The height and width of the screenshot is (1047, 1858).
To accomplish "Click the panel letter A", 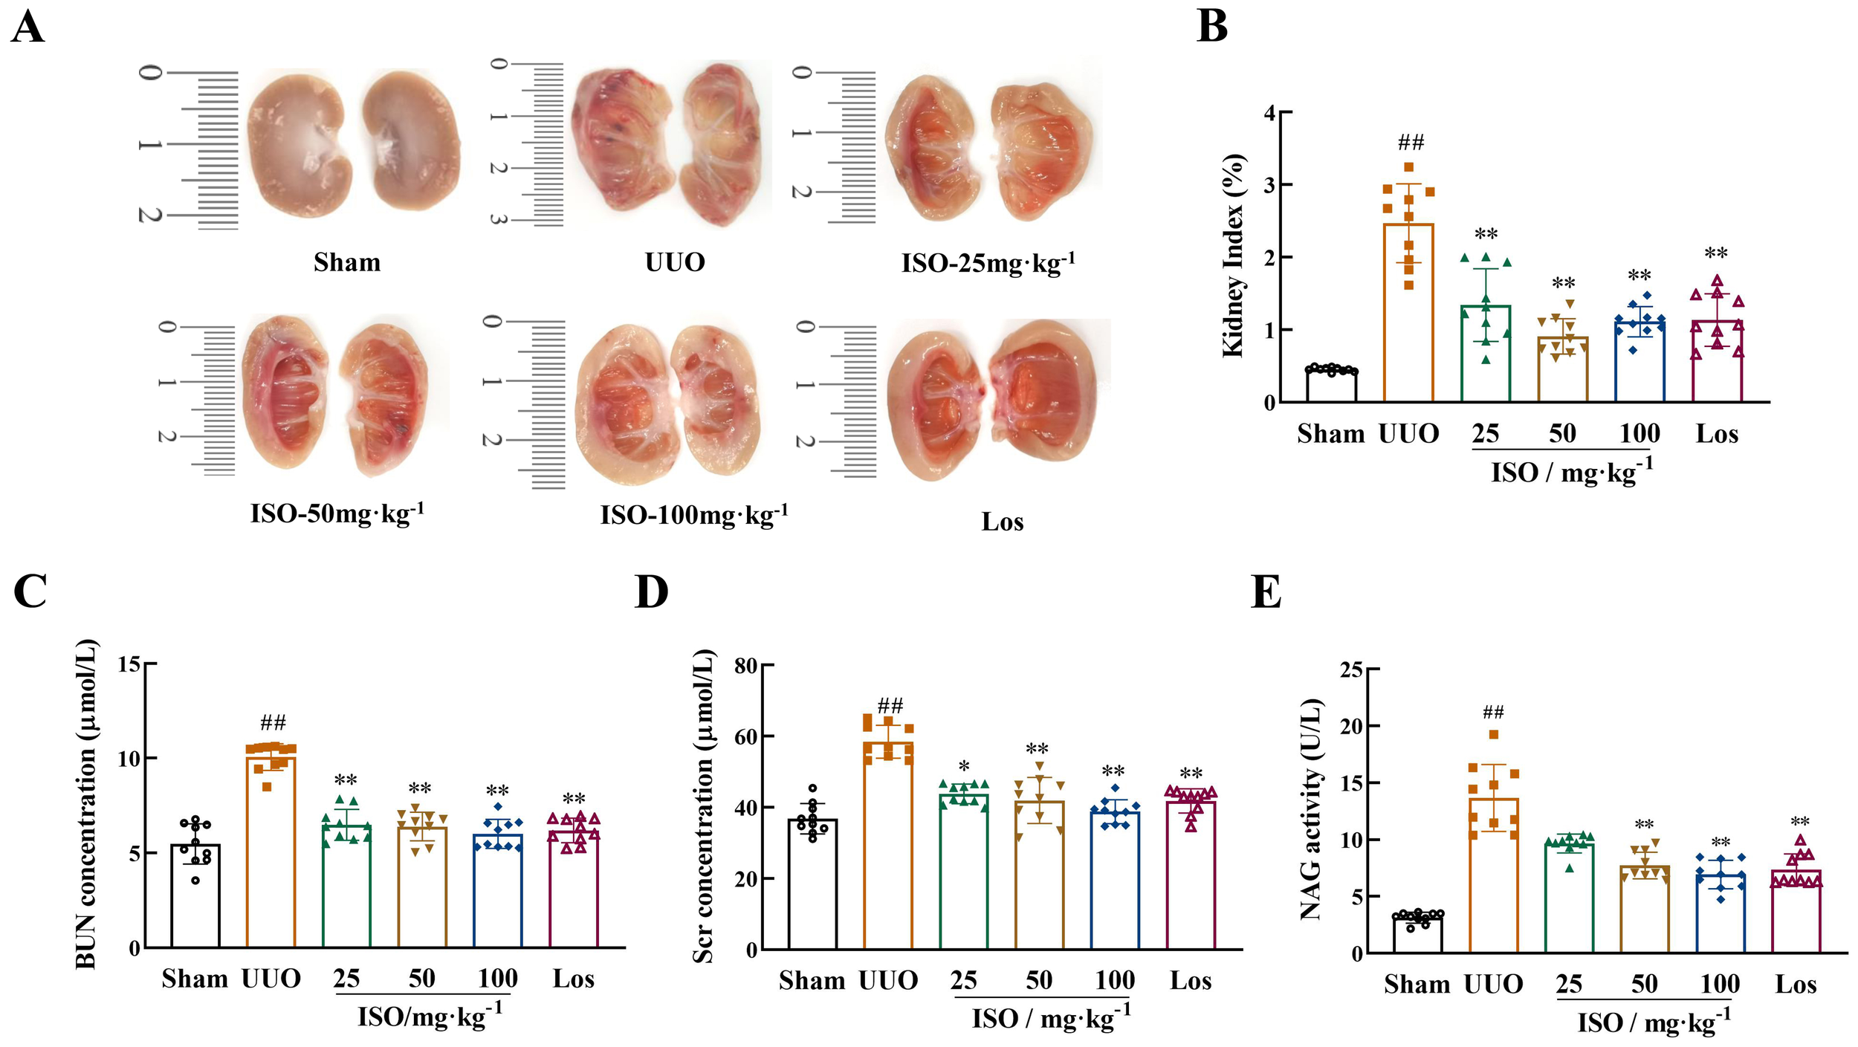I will tap(27, 28).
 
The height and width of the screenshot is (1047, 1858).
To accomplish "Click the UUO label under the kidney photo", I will tap(674, 262).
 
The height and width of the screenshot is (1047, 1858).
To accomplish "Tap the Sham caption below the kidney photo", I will tap(346, 262).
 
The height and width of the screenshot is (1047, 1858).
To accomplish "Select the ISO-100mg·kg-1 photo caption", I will tap(693, 515).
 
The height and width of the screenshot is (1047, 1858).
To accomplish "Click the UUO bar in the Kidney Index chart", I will tap(1408, 312).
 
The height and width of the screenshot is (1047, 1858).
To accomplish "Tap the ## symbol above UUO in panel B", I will tap(1411, 143).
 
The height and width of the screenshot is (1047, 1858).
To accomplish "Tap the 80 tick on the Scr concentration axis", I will tap(745, 666).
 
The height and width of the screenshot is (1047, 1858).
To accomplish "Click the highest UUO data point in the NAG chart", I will tap(1494, 735).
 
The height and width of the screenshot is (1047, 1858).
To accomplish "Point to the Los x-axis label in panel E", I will tap(1796, 985).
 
